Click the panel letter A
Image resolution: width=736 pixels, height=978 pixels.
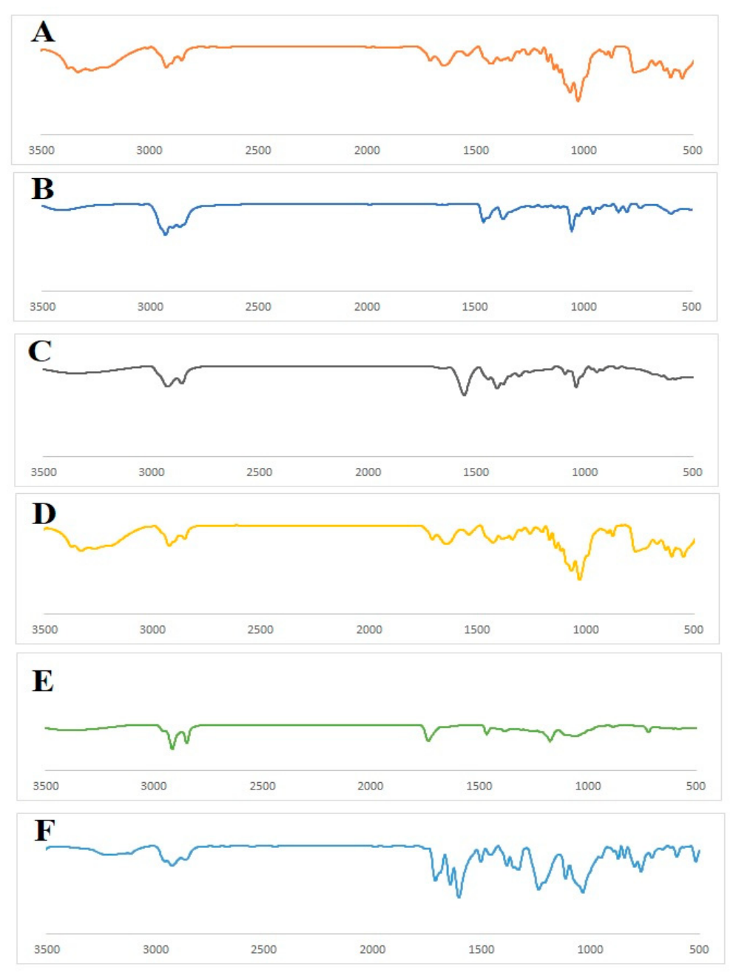[43, 33]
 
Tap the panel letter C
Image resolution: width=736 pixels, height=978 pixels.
[40, 351]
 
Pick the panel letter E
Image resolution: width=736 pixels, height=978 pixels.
[43, 681]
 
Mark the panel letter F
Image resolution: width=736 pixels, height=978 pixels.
[44, 829]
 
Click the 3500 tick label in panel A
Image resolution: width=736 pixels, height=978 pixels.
[41, 150]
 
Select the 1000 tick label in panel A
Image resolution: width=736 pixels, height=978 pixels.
[584, 150]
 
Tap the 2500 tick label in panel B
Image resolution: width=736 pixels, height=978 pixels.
[258, 307]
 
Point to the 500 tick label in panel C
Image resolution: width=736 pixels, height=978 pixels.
[692, 472]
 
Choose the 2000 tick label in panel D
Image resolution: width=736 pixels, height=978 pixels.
[369, 630]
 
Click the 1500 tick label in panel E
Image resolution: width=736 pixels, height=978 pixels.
[479, 786]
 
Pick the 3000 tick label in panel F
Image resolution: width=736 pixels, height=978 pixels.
[155, 949]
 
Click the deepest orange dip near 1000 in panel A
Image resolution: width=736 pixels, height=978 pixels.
[578, 101]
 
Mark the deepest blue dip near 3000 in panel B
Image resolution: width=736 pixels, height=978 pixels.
[166, 234]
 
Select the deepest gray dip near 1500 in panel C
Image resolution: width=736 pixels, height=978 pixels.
[465, 394]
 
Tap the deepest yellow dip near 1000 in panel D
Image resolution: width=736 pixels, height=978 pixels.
[579, 579]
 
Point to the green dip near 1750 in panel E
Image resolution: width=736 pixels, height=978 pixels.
[428, 741]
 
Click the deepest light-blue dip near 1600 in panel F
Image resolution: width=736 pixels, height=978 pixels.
[459, 897]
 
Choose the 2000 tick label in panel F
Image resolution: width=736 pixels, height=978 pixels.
[373, 949]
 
